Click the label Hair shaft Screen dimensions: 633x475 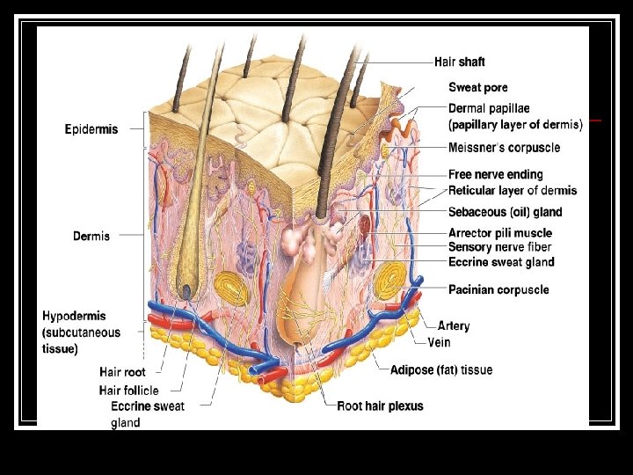[459, 62]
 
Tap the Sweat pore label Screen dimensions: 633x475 [477, 87]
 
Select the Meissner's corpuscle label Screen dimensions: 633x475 [503, 149]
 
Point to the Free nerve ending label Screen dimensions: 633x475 [495, 175]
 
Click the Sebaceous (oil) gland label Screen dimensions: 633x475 [505, 212]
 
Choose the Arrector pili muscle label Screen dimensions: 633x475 [500, 233]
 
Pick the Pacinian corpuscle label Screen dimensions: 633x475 [498, 289]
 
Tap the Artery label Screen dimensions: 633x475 [454, 325]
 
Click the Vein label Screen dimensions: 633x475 [439, 341]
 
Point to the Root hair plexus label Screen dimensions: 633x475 [381, 406]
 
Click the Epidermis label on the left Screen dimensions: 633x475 [91, 129]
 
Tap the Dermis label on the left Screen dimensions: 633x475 [91, 236]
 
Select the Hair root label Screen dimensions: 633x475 [123, 373]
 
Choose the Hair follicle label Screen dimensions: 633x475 [129, 390]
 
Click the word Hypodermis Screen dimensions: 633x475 [78, 315]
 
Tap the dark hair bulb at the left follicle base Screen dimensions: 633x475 [186, 289]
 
